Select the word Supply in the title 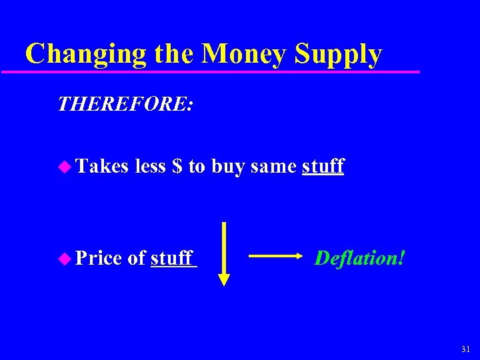pyautogui.click(x=339, y=54)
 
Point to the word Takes pyautogui.click(x=102, y=166)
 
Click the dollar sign pyautogui.click(x=177, y=166)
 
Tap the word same pyautogui.click(x=273, y=167)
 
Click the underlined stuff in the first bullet pyautogui.click(x=323, y=166)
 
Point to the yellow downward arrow pyautogui.click(x=224, y=254)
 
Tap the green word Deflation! pyautogui.click(x=359, y=257)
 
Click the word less pyautogui.click(x=150, y=166)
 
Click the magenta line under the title pyautogui.click(x=220, y=71)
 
